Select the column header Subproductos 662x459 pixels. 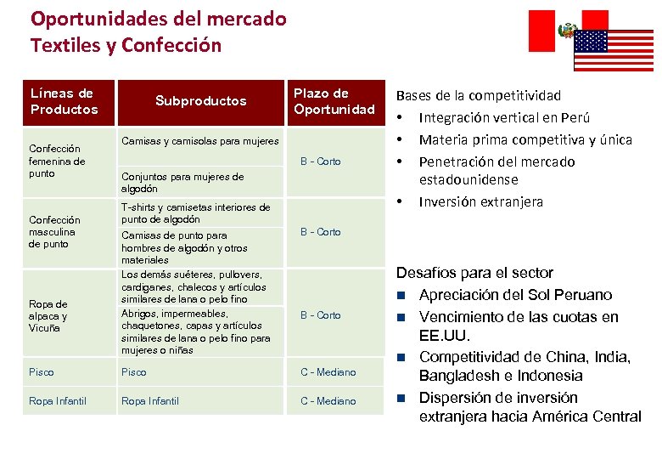point(200,101)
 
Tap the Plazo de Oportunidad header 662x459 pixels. point(334,101)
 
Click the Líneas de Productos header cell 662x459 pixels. point(65,101)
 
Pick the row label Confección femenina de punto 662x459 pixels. point(57,161)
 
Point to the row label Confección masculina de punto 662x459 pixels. point(54,231)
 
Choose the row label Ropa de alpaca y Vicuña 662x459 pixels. point(48,315)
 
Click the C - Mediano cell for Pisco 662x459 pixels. point(328,372)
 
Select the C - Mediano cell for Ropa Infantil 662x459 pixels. point(328,401)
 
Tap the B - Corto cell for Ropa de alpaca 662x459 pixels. point(321,315)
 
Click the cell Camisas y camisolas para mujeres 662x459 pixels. point(199,141)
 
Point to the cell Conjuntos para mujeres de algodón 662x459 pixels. point(182,183)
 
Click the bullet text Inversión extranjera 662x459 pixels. point(480,202)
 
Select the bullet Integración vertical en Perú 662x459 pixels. point(504,117)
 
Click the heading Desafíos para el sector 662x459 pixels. point(474,273)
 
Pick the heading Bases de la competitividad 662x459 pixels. point(479,96)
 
